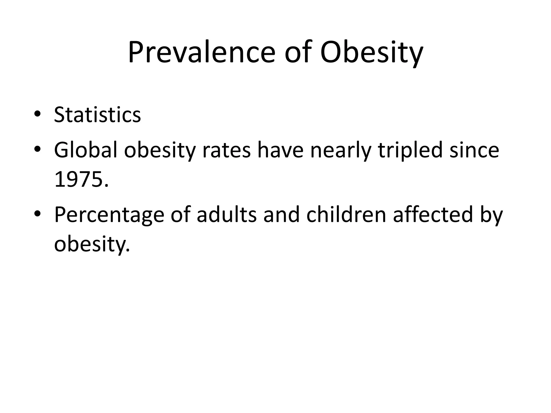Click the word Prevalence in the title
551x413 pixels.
tap(201, 52)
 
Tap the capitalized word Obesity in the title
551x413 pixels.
tap(372, 53)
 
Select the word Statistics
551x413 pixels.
tap(97, 115)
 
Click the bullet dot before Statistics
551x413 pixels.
tap(37, 114)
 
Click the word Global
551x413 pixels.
tap(86, 150)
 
